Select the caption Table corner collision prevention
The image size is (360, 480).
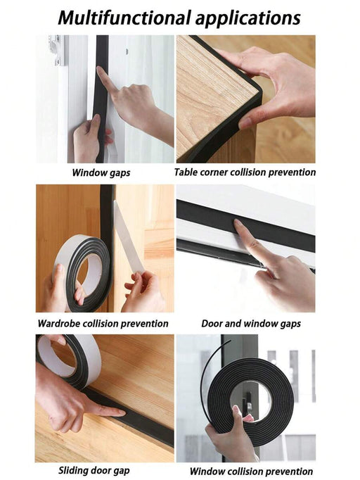click(245, 172)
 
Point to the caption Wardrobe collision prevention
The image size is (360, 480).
click(103, 324)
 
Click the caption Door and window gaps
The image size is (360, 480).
click(251, 324)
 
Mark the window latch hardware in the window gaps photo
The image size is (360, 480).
click(57, 49)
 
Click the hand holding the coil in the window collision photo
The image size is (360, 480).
click(232, 436)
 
